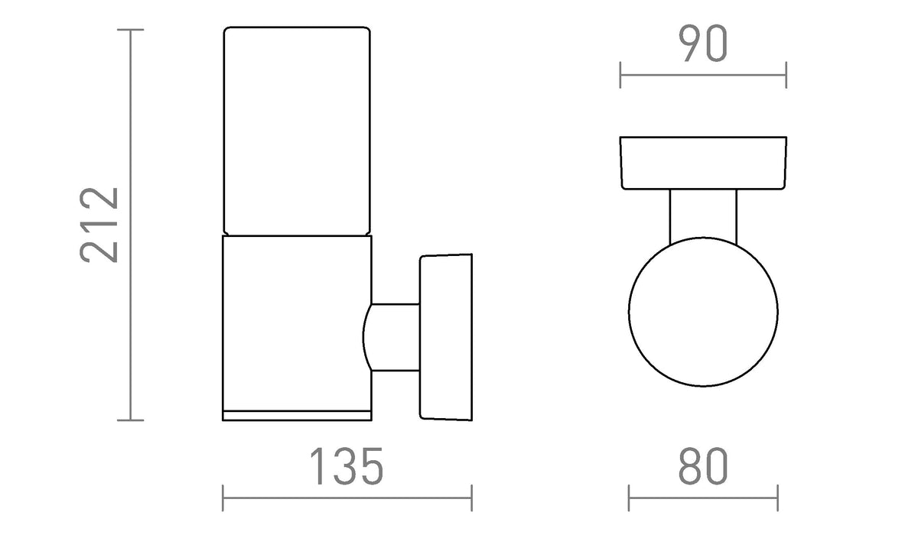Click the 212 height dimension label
pos(99,225)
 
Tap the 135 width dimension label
pos(347,466)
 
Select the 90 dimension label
pos(703,44)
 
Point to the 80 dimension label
pos(703,466)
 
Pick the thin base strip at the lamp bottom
pos(297,416)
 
